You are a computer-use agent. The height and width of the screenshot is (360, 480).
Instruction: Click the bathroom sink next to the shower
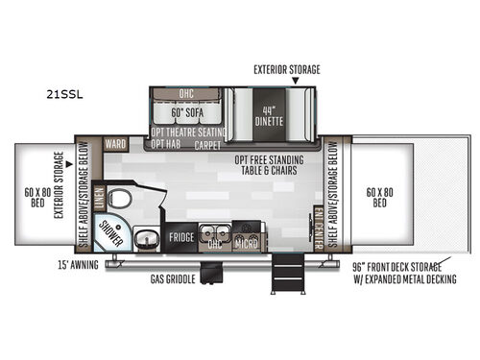[145, 238]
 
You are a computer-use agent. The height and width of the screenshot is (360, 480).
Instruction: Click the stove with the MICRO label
[247, 238]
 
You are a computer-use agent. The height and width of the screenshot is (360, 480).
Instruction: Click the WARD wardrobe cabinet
[115, 146]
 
